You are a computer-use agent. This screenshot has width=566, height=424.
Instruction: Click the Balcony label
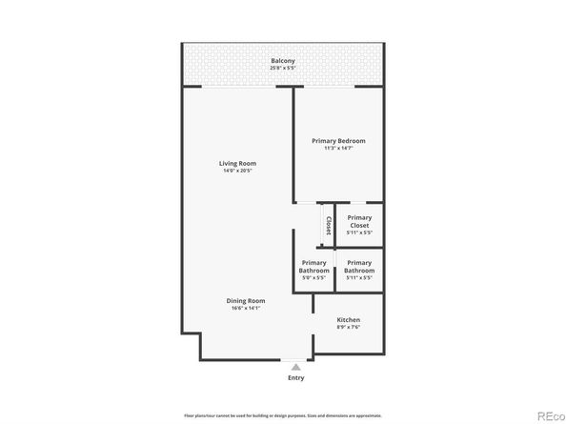[282, 61]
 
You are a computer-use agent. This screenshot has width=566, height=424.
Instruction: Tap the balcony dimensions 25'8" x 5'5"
[282, 69]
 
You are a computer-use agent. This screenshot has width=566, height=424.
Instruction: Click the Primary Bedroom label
[338, 141]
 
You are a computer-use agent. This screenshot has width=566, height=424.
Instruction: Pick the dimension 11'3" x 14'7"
[338, 149]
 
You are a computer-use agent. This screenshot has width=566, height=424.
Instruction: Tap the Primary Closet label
[359, 221]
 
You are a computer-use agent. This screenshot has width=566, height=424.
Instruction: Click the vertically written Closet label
[328, 226]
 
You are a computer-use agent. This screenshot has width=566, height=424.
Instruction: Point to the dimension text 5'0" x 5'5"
[313, 277]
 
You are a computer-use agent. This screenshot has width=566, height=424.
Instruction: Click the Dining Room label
[245, 301]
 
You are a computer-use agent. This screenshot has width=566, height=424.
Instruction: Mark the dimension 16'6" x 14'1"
[245, 309]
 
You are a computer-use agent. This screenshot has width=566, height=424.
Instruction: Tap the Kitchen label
[349, 320]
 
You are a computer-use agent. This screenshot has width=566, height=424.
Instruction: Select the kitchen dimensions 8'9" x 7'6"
[349, 328]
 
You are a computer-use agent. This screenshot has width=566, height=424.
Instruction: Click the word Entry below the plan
[296, 378]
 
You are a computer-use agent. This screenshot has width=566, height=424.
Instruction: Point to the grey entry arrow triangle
[296, 366]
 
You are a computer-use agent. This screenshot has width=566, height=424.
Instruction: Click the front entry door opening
[296, 359]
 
